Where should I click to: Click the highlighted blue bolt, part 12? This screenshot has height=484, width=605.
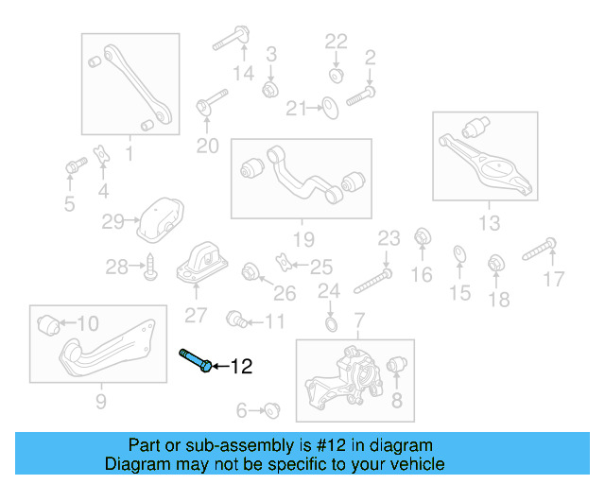click(x=193, y=361)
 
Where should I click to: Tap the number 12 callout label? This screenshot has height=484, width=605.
click(x=242, y=366)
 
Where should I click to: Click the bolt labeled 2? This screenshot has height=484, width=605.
click(x=361, y=95)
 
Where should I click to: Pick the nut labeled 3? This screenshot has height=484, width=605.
click(x=269, y=88)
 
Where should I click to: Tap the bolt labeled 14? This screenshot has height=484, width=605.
click(x=231, y=40)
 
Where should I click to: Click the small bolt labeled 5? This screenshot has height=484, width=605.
click(x=73, y=168)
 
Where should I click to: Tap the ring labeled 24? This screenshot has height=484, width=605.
click(x=329, y=326)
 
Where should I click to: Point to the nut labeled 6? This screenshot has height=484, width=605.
click(x=270, y=410)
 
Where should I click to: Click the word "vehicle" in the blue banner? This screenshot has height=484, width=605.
click(x=414, y=464)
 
